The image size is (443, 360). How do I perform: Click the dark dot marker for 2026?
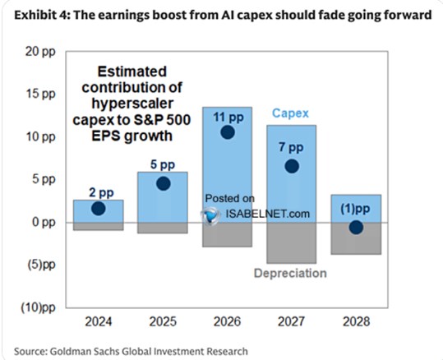tap(228, 132)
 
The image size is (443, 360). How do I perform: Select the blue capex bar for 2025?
tap(163, 197)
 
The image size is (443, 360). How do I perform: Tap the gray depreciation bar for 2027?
tap(292, 243)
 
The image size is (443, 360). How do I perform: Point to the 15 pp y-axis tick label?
tap(41, 94)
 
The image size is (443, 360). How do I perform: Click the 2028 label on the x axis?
tap(356, 321)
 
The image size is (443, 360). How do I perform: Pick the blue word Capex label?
tap(290, 113)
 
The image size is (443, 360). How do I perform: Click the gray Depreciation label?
tap(290, 273)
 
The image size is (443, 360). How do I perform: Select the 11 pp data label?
tap(228, 117)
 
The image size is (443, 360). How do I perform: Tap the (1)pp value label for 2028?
tap(355, 209)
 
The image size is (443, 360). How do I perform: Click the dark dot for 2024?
tap(99, 209)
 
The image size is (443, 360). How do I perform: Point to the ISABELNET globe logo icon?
tap(210, 215)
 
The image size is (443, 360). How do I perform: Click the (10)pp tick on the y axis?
tap(39, 307)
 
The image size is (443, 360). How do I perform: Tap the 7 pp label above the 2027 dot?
tap(291, 147)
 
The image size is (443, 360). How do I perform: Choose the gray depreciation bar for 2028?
tap(356, 238)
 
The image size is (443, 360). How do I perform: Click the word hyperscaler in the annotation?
tap(132, 104)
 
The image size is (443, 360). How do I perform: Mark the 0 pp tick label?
tap(44, 222)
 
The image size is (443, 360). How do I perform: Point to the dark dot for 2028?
tap(356, 228)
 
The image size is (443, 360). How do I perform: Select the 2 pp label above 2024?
tap(101, 192)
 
